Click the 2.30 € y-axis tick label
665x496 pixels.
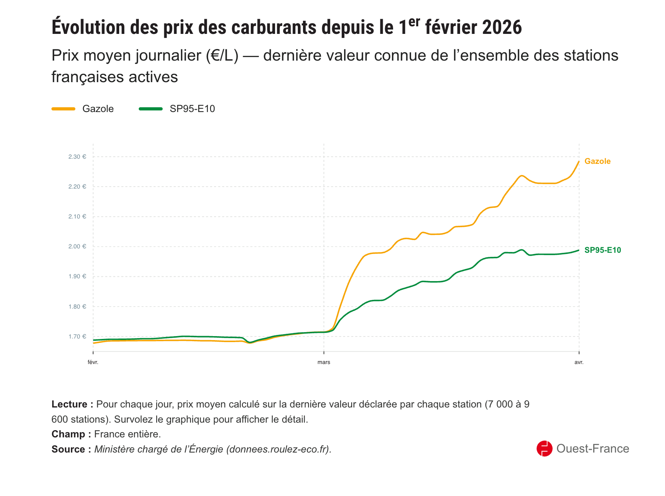[77, 157]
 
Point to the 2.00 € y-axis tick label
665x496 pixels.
[77, 246]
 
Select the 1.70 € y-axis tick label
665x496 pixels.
[77, 337]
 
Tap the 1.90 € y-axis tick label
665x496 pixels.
[77, 276]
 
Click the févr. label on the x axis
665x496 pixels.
[93, 362]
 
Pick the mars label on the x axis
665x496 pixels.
[324, 362]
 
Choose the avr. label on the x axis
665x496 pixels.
[579, 362]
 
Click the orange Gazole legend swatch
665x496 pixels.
[63, 109]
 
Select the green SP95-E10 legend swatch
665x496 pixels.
[151, 109]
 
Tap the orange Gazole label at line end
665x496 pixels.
[597, 161]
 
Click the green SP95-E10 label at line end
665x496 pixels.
[602, 250]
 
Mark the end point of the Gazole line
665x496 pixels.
[579, 161]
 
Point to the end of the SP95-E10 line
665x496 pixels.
[579, 250]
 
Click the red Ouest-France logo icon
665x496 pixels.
[544, 449]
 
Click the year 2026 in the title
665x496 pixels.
[502, 27]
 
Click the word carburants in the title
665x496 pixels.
[273, 27]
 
